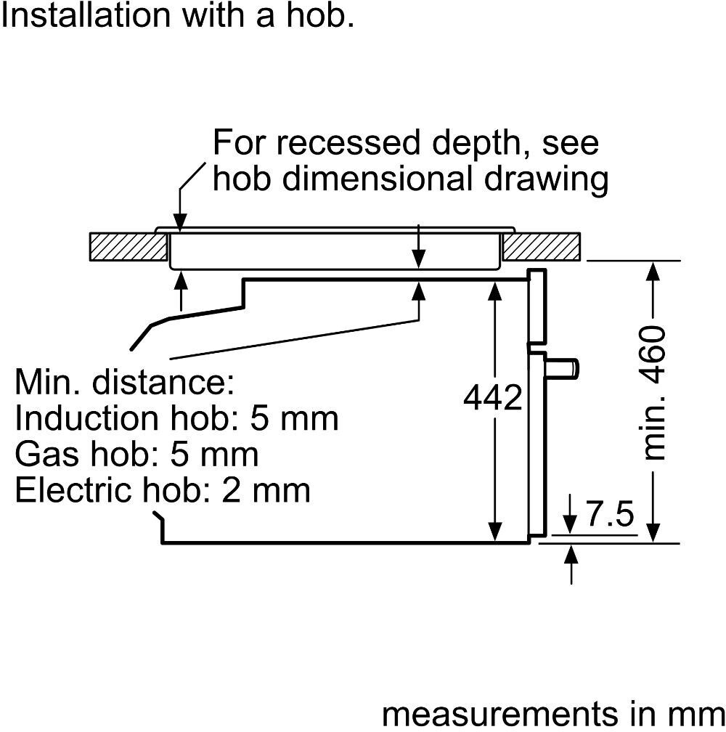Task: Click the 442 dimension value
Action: pyautogui.click(x=493, y=398)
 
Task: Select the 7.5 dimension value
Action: pyautogui.click(x=610, y=515)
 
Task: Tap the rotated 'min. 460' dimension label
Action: pyautogui.click(x=654, y=392)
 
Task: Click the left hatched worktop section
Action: pyautogui.click(x=128, y=247)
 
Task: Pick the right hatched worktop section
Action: pyautogui.click(x=541, y=247)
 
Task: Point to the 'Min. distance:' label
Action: pyautogui.click(x=124, y=382)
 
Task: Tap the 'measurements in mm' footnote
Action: pyautogui.click(x=552, y=714)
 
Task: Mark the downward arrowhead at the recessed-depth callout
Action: pyautogui.click(x=179, y=222)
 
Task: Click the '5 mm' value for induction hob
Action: pyautogui.click(x=294, y=418)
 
